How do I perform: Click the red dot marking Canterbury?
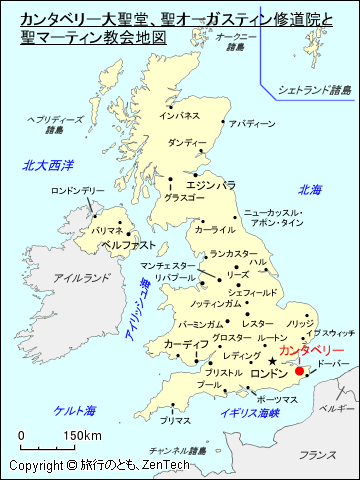point(299,370)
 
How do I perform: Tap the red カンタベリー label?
point(311,351)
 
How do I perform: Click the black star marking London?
point(272,361)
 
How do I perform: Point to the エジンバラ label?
point(211,185)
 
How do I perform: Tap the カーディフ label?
point(185,344)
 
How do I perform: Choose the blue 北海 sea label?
point(309,189)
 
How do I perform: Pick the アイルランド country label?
point(79,277)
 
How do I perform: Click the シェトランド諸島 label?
point(315,90)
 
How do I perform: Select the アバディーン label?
point(251,124)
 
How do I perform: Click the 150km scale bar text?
point(83,436)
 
